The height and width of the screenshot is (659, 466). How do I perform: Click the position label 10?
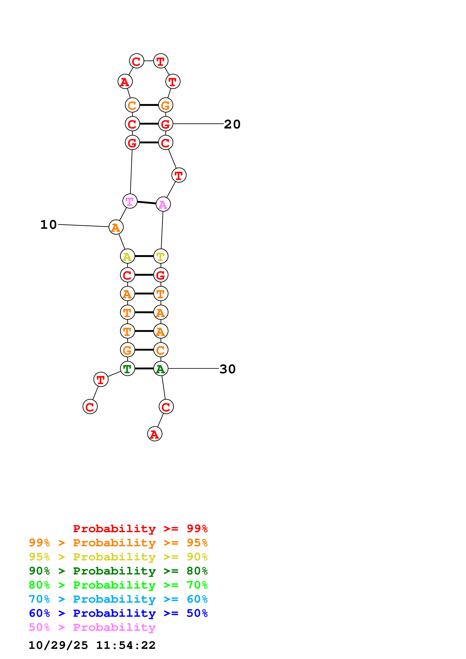click(x=48, y=224)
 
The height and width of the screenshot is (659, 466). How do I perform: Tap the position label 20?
click(x=232, y=124)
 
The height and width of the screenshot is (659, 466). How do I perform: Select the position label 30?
click(x=227, y=369)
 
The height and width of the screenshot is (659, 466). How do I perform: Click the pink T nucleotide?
click(x=130, y=201)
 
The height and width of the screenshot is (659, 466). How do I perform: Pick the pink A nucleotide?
click(x=163, y=204)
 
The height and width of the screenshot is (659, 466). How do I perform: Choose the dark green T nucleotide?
click(x=127, y=369)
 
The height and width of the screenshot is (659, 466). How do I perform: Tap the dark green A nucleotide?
click(x=161, y=369)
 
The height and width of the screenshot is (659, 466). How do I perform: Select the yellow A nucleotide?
click(x=127, y=256)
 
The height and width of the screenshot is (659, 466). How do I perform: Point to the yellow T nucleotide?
click(x=161, y=256)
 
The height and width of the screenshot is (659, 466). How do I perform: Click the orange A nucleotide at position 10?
click(x=116, y=227)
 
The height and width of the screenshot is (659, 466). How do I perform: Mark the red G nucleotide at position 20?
click(x=166, y=124)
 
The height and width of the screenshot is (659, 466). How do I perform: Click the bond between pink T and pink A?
click(x=146, y=203)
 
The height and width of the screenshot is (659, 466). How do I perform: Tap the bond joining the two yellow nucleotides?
click(x=144, y=256)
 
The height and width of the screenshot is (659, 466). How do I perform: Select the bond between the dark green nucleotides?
click(x=144, y=369)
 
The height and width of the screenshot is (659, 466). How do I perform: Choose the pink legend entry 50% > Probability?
click(x=92, y=627)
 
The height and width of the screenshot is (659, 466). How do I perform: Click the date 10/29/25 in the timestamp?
click(x=58, y=645)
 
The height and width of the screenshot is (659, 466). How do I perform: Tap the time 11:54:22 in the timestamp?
click(x=126, y=645)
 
